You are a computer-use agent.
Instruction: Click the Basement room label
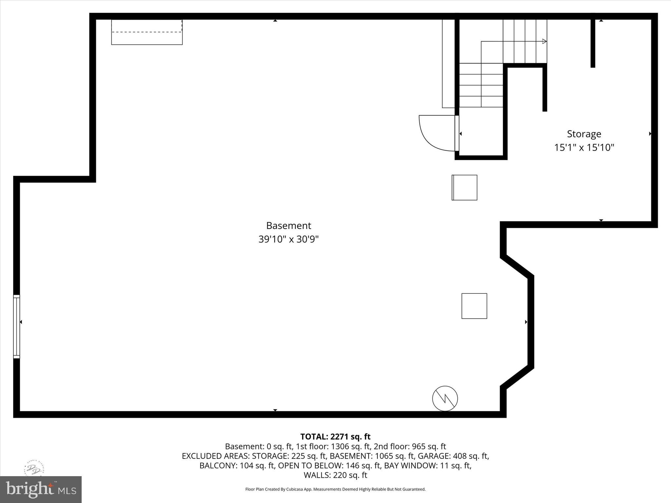point(288,226)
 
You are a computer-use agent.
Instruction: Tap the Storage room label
point(584,134)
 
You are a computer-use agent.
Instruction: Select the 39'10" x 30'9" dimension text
point(288,239)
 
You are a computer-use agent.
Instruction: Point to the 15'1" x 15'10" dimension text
point(584,147)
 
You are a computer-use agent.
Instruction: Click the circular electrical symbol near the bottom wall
point(445,398)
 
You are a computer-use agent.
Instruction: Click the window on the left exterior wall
point(16,326)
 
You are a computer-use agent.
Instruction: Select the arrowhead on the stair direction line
point(545,41)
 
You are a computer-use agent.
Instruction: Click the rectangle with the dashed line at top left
point(147,32)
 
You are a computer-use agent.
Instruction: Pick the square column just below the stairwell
point(465,187)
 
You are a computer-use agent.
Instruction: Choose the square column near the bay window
point(474,306)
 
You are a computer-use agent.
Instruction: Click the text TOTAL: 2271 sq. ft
point(335,437)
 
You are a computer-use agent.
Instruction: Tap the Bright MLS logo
point(41,490)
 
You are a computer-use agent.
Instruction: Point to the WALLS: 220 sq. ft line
point(335,475)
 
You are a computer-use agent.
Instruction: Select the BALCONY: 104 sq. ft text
point(237,465)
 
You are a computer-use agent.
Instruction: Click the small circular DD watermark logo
point(34,469)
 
